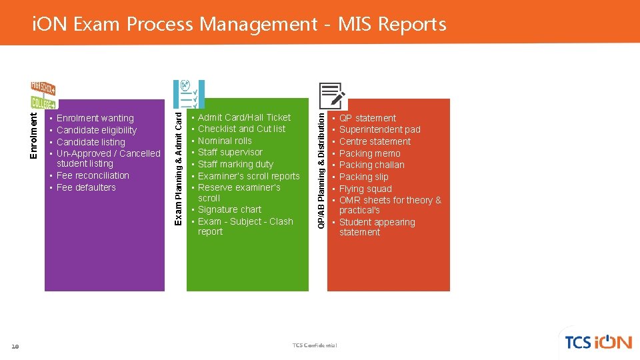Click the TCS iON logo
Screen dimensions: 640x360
pos(597,342)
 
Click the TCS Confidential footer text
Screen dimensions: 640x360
pos(315,345)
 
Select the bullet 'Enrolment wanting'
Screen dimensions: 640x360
pos(95,118)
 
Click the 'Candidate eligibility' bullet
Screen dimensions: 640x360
pos(96,130)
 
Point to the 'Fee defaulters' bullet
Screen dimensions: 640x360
pos(86,187)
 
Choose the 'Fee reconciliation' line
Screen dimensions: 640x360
pos(93,175)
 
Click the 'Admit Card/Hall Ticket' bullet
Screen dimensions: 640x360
pos(244,117)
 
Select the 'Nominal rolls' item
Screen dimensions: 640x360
pos(225,141)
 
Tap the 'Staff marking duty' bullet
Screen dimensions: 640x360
pos(235,164)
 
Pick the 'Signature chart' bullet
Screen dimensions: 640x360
pos(229,209)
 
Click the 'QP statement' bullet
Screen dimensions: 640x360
pos(367,118)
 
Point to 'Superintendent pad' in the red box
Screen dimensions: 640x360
pos(379,129)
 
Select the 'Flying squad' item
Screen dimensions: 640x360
pos(365,189)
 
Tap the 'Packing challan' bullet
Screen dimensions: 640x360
pos(371,165)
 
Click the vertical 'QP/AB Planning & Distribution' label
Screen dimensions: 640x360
pos(321,169)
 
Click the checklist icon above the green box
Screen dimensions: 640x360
pos(188,94)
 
